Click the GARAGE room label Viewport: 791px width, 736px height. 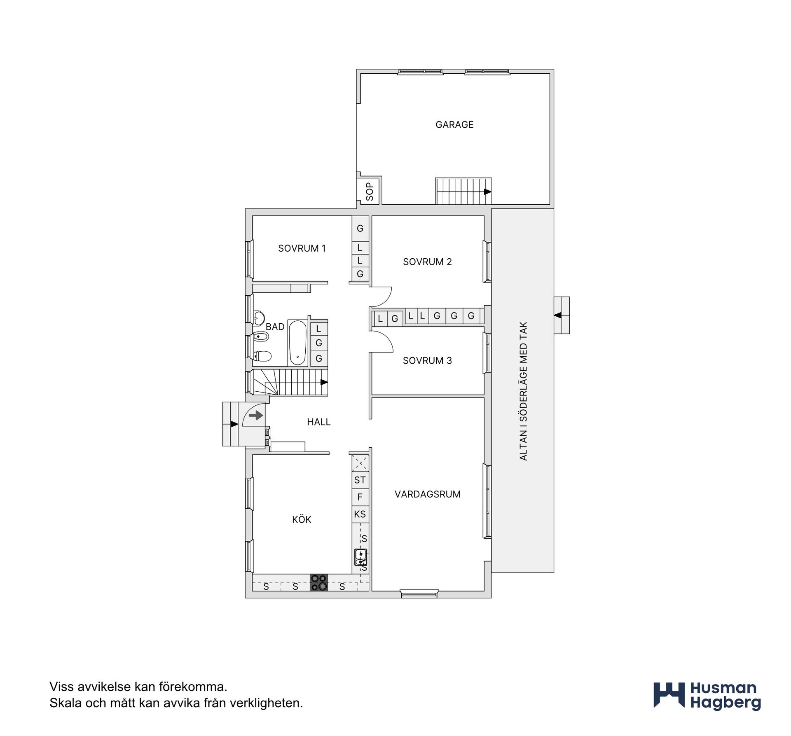tap(454, 124)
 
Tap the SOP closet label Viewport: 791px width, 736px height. tap(370, 192)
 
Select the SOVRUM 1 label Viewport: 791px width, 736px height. tap(302, 248)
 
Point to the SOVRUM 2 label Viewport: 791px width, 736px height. tap(427, 262)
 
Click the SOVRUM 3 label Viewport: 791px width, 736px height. tap(427, 360)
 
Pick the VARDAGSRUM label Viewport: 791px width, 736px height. tap(428, 494)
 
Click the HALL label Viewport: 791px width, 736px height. tap(319, 422)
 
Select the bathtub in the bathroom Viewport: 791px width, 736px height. tap(297, 343)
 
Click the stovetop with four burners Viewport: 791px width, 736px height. tap(319, 582)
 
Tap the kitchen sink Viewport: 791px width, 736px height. tap(360, 557)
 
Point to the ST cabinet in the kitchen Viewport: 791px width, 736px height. tap(360, 480)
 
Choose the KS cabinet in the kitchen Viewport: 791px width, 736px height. tap(360, 514)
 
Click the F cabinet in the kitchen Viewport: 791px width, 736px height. tap(360, 497)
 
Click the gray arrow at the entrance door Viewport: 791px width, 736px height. tap(256, 415)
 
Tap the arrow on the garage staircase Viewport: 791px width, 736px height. tap(488, 192)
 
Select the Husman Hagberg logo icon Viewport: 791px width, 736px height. tap(669, 696)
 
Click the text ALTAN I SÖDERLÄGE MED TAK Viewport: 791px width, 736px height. tap(523, 391)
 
